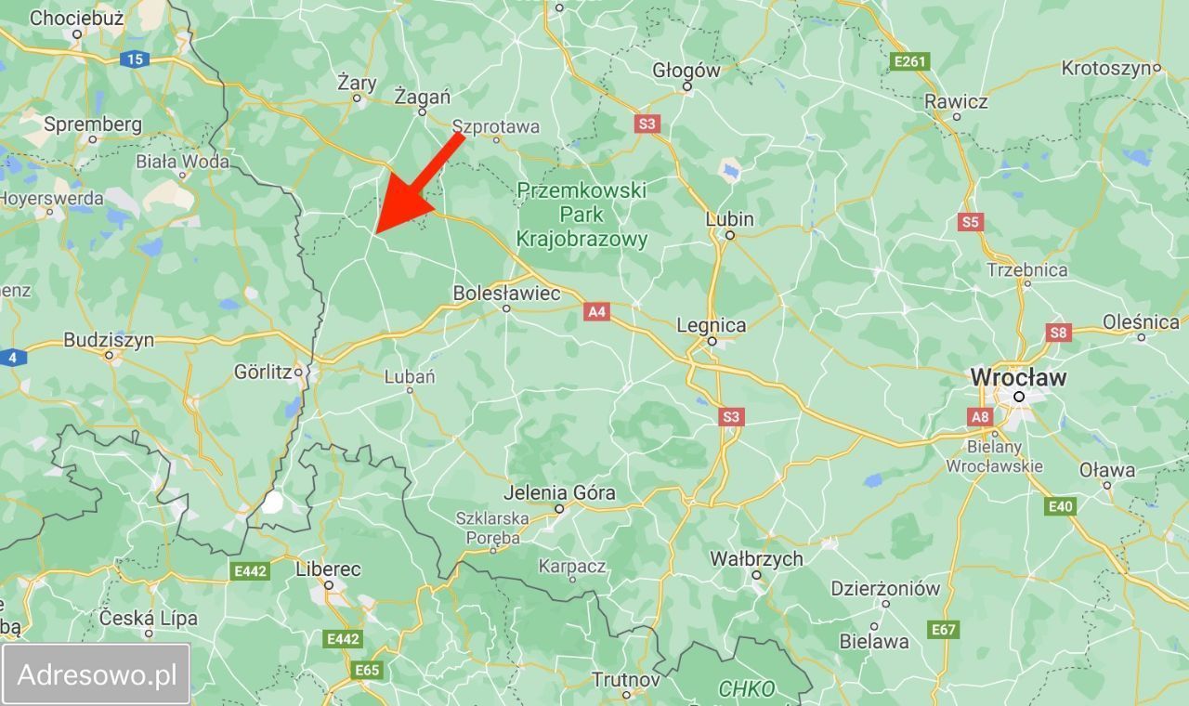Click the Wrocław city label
coord(1018,378)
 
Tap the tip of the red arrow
coord(377,231)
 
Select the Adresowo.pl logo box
coord(97,674)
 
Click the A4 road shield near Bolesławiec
coord(596,312)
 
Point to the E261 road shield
coord(908,61)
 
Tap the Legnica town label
coord(712,325)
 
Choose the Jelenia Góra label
coord(559,492)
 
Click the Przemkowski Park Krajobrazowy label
coord(581,215)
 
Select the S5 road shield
coord(971,222)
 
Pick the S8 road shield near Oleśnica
coord(1058,332)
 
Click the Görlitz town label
coord(264,372)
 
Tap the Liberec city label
coord(328,569)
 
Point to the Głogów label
coord(686,70)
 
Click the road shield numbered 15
coord(135,59)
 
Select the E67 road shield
coord(943,630)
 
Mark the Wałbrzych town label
coord(756,558)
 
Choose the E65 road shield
coord(367,670)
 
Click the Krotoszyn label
coord(1108,68)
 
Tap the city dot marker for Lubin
coord(730,235)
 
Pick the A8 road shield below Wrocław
coord(980,417)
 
